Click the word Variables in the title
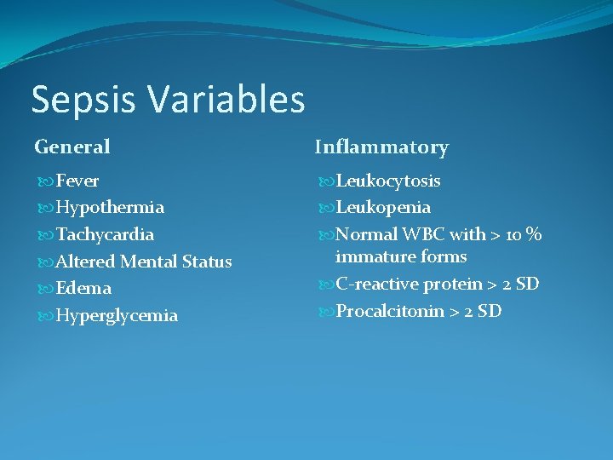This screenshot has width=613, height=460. coord(226,99)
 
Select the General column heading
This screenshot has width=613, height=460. coord(72,147)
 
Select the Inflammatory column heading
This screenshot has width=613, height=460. coord(381,147)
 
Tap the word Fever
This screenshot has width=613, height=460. coord(77,181)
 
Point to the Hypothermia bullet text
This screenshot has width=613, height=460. coord(110,207)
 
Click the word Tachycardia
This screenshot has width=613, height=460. coord(105,234)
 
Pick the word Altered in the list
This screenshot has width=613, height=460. coord(85,262)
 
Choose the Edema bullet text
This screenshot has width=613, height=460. coord(83,288)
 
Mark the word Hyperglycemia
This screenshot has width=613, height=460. coord(117,316)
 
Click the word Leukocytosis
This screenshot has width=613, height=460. coord(388,181)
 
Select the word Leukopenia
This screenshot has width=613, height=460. coord(383,207)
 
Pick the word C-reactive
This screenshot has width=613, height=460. coord(377,284)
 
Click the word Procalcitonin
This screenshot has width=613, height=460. coord(390,311)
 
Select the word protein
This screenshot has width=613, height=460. coord(453,284)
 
